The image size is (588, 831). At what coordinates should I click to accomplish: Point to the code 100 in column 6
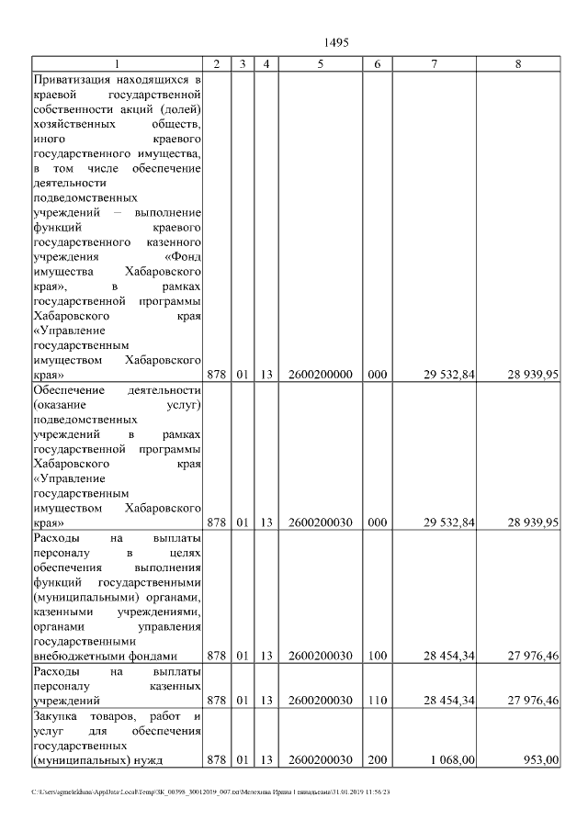point(378,656)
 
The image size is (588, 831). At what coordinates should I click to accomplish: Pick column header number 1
point(117,63)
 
